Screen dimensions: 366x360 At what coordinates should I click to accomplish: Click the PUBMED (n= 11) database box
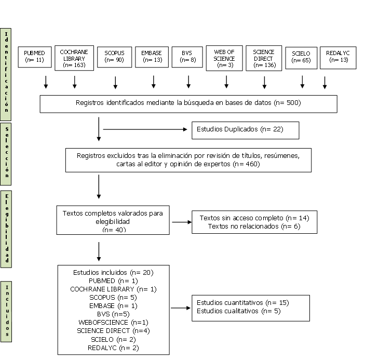coord(35,57)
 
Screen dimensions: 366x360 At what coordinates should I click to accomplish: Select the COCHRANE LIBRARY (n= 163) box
coord(74,58)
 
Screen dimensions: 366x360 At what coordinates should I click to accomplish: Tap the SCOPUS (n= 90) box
coord(114,57)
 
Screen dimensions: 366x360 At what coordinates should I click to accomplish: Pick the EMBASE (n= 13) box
coord(152,57)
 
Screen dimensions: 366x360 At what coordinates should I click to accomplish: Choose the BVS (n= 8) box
coord(187,57)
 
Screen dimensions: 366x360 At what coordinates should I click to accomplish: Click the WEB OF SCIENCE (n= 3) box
coord(224,58)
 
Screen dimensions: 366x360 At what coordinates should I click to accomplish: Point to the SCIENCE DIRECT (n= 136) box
coord(264,58)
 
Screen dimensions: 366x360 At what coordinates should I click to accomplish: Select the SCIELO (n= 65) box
coord(301,58)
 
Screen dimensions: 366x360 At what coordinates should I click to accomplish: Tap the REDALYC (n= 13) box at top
coord(338,58)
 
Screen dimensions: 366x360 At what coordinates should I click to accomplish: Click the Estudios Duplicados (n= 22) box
coord(246,130)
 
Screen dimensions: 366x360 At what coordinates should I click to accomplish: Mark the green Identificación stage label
coord(6,74)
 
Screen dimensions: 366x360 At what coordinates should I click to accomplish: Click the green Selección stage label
coord(6,154)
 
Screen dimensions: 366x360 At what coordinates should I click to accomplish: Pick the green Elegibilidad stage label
coord(6,229)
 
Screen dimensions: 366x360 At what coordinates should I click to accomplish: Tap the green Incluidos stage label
coord(6,312)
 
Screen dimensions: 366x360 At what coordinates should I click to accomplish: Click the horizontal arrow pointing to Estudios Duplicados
coord(145,129)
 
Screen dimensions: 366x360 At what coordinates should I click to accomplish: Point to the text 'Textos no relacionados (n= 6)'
coord(254,226)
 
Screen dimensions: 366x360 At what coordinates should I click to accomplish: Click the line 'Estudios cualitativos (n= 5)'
coord(239,311)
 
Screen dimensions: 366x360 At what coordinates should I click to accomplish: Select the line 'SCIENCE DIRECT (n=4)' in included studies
coord(113,331)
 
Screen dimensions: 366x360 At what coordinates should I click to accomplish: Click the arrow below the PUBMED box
coord(46,82)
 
